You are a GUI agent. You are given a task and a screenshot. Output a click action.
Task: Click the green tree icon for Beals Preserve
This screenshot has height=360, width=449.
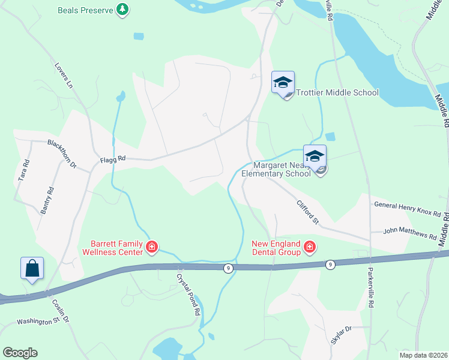click(x=122, y=10)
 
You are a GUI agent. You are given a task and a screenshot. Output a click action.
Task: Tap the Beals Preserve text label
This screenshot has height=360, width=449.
click(x=86, y=10)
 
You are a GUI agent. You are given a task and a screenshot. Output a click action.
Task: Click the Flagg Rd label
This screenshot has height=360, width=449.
click(x=113, y=159)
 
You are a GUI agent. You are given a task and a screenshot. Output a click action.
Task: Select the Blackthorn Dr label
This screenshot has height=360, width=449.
click(x=62, y=152)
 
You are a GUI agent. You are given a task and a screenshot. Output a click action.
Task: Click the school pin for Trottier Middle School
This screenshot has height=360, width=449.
click(x=283, y=83)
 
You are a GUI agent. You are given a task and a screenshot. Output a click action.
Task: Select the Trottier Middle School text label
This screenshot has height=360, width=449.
click(x=336, y=92)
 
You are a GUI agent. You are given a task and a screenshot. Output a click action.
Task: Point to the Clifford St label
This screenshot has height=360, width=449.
click(x=307, y=214)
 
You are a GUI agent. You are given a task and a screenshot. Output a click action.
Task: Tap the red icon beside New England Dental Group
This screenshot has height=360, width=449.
click(x=310, y=247)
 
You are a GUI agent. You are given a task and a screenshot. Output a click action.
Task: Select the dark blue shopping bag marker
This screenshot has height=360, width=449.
click(x=32, y=268)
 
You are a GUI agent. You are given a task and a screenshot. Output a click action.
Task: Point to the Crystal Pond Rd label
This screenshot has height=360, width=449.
click(x=188, y=295)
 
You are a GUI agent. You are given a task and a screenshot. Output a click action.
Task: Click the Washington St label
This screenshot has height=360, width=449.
click(x=38, y=322)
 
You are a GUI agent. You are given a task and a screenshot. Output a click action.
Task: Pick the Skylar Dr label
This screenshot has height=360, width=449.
click(x=340, y=334)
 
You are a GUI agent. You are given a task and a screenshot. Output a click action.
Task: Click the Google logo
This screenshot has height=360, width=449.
click(x=20, y=353)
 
